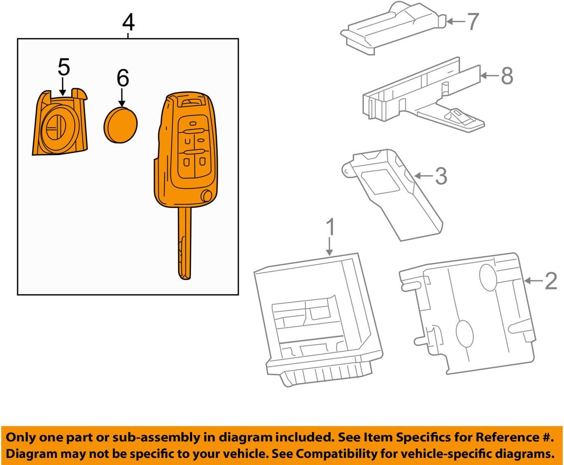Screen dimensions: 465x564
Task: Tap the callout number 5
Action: tap(63, 67)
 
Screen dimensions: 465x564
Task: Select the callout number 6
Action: tap(123, 78)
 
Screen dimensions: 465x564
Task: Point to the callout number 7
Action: tap(472, 21)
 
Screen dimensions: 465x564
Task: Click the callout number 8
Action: tap(507, 76)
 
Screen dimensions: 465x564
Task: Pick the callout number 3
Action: tap(441, 176)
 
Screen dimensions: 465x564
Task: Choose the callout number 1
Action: tap(330, 227)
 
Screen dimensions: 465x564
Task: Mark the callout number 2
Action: tap(551, 281)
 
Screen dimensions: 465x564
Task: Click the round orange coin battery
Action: tap(120, 125)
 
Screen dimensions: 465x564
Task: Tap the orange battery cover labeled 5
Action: tap(60, 126)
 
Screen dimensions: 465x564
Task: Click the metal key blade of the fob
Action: tap(185, 244)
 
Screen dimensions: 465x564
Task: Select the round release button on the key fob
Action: tap(206, 195)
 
